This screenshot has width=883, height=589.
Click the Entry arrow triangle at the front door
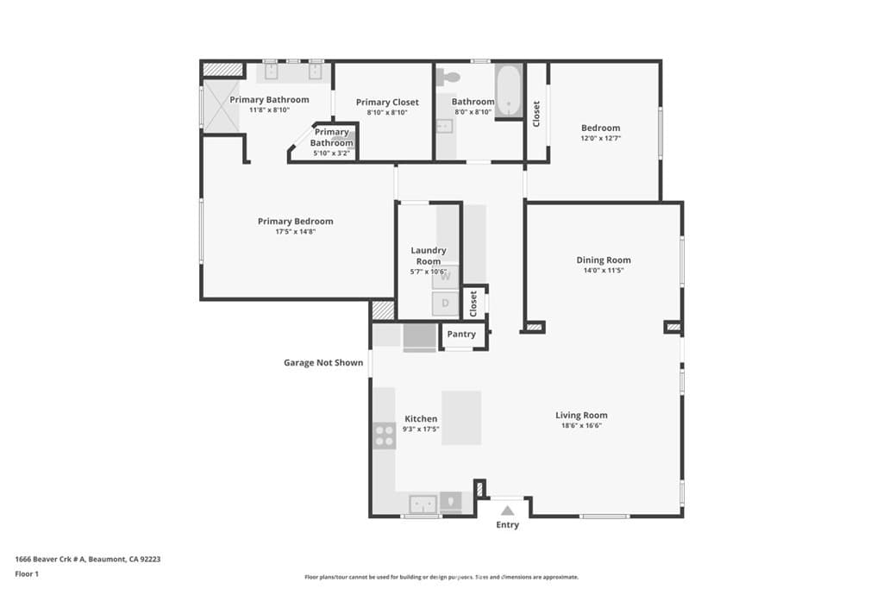tap(507, 511)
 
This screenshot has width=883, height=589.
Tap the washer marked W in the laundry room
tap(446, 278)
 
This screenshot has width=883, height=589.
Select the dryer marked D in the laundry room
tap(446, 303)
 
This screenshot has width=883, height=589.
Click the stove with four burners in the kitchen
tap(384, 435)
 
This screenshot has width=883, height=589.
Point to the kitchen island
tap(461, 417)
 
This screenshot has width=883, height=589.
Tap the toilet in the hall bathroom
tap(446, 77)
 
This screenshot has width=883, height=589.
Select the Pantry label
tap(461, 335)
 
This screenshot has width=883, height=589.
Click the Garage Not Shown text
tap(323, 363)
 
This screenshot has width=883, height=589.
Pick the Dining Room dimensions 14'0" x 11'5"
tap(604, 271)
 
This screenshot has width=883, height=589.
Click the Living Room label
tap(581, 415)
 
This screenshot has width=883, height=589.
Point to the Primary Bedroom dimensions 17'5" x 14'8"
tap(295, 232)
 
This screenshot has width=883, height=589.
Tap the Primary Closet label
tap(387, 103)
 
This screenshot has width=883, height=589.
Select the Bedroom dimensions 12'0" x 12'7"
tap(600, 138)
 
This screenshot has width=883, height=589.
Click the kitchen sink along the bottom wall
tap(423, 503)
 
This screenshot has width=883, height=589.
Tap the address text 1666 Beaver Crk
tap(87, 559)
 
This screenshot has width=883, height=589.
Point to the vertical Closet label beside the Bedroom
tap(536, 114)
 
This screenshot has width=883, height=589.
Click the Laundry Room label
tap(428, 256)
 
